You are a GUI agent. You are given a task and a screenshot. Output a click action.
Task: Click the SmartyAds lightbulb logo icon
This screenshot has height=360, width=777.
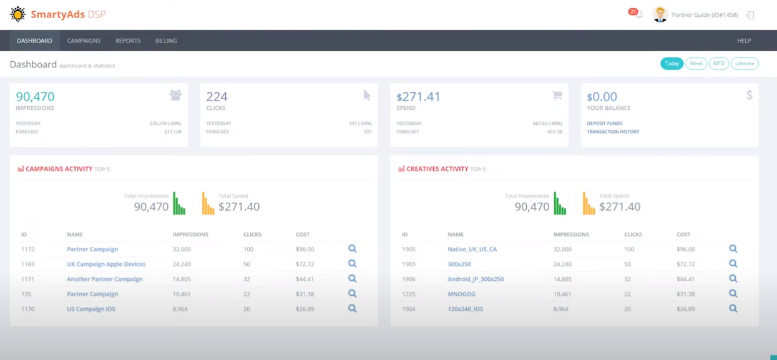(18, 14)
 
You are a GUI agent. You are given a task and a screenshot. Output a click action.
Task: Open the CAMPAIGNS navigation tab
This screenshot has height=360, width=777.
(84, 41)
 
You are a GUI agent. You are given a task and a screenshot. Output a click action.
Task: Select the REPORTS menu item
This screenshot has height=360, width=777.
(128, 41)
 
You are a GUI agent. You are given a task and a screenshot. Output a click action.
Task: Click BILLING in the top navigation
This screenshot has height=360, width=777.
(166, 41)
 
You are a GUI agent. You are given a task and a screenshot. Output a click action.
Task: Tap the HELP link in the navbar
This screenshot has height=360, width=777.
(744, 41)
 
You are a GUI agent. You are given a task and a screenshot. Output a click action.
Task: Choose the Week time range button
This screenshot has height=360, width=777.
(696, 64)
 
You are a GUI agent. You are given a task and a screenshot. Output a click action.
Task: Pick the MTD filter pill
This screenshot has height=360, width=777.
(719, 64)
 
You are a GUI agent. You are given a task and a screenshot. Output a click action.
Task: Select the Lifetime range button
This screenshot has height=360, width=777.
(745, 64)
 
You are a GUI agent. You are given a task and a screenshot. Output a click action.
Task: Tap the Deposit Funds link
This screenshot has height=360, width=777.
(604, 124)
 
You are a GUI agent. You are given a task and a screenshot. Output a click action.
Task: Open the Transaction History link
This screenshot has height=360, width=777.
(613, 132)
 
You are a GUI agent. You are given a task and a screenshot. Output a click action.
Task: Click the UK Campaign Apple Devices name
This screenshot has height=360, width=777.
(106, 264)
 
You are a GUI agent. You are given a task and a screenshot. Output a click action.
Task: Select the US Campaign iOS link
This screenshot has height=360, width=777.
(91, 309)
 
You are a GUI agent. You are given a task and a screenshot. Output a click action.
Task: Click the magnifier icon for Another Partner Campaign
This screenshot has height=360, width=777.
(353, 279)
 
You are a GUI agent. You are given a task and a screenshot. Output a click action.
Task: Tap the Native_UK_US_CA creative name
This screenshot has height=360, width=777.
(472, 249)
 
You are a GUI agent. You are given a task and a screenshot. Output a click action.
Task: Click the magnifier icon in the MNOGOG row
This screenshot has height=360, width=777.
(733, 294)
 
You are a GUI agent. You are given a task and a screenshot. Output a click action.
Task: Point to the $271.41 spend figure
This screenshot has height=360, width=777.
(418, 97)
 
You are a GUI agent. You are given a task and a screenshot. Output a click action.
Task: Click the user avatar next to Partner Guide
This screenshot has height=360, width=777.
(660, 14)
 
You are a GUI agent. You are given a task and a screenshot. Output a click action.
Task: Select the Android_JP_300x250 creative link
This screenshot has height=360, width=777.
(476, 279)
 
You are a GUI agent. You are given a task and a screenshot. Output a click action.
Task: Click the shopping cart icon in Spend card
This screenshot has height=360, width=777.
(557, 95)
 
